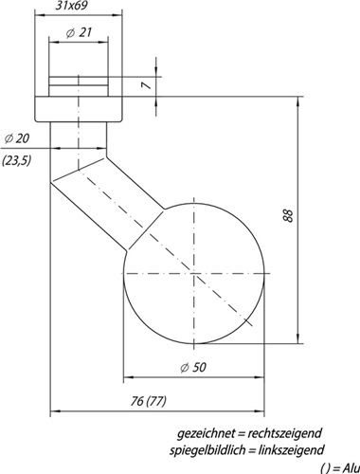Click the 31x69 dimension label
coord(71,6)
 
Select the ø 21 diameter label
coord(79,32)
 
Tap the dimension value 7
coord(147,85)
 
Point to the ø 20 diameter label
coord(17,138)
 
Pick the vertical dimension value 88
coord(289,216)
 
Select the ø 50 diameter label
coord(193,367)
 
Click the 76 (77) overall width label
coord(148,401)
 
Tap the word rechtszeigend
coord(284,433)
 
